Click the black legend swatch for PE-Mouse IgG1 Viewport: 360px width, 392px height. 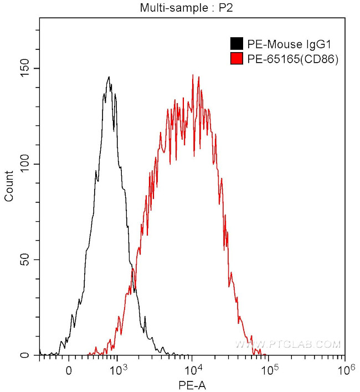pyautogui.click(x=236, y=44)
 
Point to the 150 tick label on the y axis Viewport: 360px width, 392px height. pyautogui.click(x=25, y=69)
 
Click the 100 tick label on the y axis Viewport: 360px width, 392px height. pyautogui.click(x=25, y=165)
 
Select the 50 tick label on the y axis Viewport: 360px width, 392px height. pyautogui.click(x=28, y=260)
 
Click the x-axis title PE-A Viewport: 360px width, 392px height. pyautogui.click(x=192, y=384)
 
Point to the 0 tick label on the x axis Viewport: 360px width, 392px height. pyautogui.click(x=69, y=368)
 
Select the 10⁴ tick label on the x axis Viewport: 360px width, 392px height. pyautogui.click(x=192, y=368)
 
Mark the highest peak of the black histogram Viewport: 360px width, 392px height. pyautogui.click(x=109, y=77)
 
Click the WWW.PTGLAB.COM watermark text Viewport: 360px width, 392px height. pyautogui.click(x=287, y=345)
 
